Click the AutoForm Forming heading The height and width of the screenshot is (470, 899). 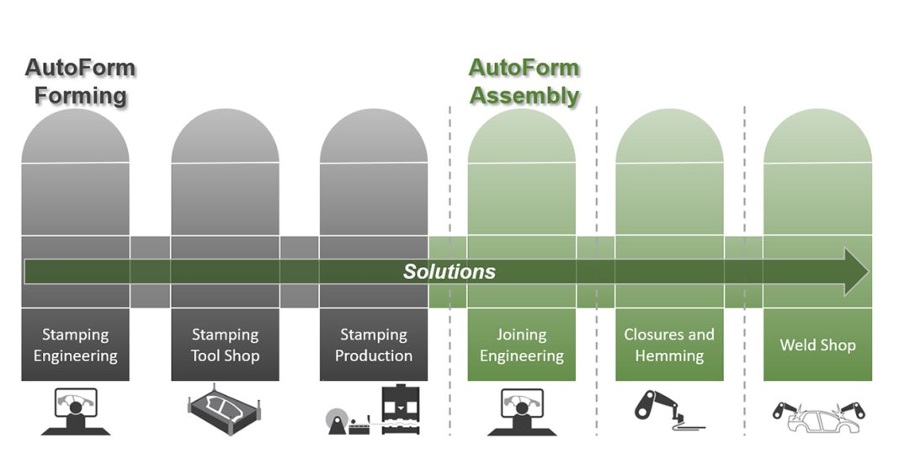(x=80, y=81)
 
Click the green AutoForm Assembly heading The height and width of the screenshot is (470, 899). (x=524, y=81)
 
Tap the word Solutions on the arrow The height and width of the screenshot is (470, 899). (x=449, y=271)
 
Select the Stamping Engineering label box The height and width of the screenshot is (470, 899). (x=76, y=344)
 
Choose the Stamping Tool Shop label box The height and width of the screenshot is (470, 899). (x=225, y=344)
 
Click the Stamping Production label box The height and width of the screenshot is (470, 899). (x=373, y=344)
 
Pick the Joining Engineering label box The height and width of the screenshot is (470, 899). (x=521, y=344)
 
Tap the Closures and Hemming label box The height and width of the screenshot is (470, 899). (x=669, y=344)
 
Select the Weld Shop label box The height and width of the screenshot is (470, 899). (x=817, y=344)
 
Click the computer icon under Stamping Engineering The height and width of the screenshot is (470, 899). (x=75, y=411)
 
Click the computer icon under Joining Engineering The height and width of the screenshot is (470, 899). (x=521, y=411)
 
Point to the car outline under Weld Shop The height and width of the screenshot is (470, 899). (x=817, y=416)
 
